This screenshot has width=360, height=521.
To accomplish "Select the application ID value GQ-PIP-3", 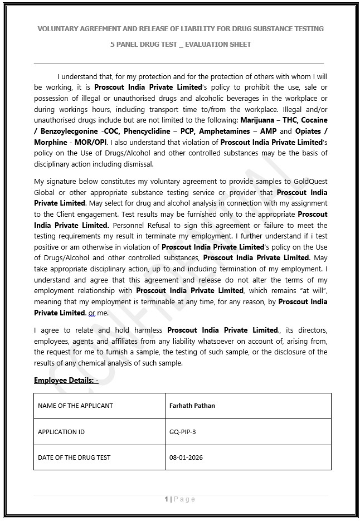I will [182, 432].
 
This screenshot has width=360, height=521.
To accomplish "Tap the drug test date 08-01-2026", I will [186, 457].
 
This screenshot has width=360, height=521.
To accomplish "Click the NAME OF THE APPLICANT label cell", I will [75, 406].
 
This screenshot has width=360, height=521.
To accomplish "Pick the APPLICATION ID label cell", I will [61, 432].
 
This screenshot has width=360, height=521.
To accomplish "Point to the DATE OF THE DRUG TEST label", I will [74, 457].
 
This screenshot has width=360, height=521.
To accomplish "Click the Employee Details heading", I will [66, 381].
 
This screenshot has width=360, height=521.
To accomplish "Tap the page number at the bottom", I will [180, 499].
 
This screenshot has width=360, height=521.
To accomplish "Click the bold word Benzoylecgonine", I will [70, 131].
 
